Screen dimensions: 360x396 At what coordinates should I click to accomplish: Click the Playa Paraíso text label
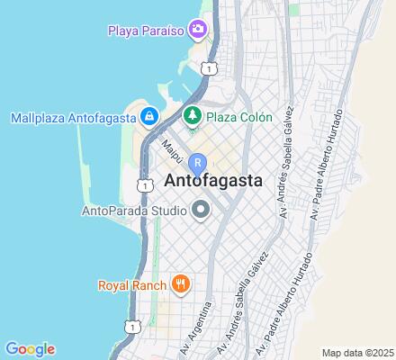click(146, 31)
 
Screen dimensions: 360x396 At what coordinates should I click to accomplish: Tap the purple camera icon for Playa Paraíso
click(198, 31)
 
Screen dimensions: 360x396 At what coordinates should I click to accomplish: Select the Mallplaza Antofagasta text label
click(70, 116)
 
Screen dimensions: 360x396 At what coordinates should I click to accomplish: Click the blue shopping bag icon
click(149, 116)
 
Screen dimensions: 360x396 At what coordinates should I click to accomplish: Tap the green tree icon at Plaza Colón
click(191, 116)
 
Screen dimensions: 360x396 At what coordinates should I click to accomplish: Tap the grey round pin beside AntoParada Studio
click(201, 211)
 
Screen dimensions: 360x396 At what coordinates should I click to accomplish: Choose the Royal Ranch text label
click(132, 286)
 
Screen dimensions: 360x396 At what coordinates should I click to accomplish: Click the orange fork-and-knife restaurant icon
click(181, 285)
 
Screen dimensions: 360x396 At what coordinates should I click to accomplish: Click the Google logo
click(30, 349)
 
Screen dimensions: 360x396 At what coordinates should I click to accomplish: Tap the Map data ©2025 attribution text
click(358, 352)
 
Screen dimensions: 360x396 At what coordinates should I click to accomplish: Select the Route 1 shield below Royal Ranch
click(132, 327)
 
